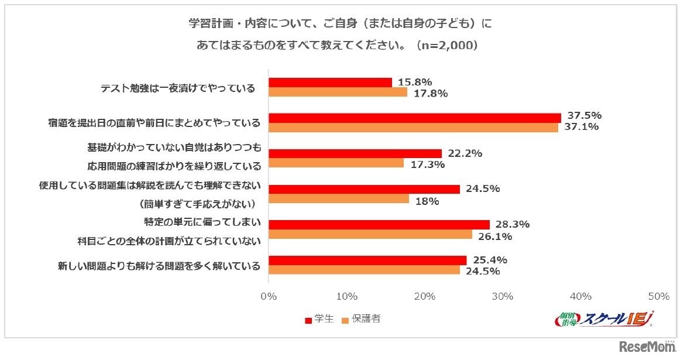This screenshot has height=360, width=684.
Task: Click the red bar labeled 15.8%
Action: pos(330,83)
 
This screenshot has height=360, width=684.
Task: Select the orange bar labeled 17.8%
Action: pos(338,92)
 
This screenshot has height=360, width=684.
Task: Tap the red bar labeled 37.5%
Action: pos(414,118)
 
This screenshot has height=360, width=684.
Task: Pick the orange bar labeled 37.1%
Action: pos(413,127)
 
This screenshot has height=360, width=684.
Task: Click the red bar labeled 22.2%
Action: pos(355,153)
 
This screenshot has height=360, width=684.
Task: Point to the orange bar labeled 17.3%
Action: pos(336,163)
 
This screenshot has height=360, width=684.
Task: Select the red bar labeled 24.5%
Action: pos(364,189)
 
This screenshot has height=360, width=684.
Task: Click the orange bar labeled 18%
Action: pos(338,199)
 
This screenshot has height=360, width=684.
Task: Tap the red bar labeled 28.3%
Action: pos(379,225)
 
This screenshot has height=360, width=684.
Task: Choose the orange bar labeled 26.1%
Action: pos(370,234)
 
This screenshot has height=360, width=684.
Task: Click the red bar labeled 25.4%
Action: pos(367,260)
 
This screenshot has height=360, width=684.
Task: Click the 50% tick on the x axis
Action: pos(659,296)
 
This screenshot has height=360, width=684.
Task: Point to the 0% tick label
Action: pos(269,296)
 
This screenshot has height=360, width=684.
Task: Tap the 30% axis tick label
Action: pos(503,296)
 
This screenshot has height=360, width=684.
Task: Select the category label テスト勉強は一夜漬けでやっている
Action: pos(178,88)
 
